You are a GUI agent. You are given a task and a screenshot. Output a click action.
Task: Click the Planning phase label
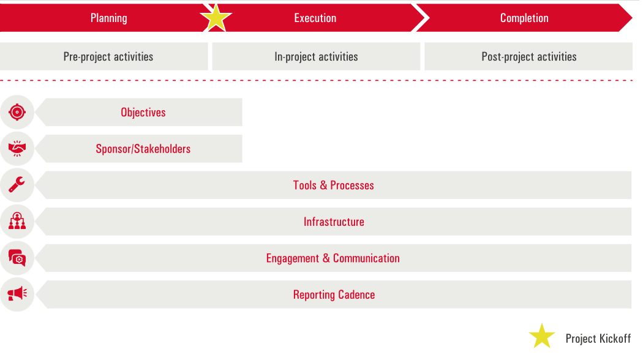click(x=109, y=18)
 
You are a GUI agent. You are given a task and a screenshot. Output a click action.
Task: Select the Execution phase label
click(x=315, y=18)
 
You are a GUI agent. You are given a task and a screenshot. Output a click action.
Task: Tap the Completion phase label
click(x=524, y=18)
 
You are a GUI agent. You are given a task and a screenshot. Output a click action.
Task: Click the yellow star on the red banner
click(x=216, y=18)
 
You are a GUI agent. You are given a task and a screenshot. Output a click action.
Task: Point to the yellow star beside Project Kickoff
click(x=541, y=337)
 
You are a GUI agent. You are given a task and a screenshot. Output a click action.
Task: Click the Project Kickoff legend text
click(x=598, y=339)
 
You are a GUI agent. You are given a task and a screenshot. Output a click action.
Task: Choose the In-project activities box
click(x=316, y=56)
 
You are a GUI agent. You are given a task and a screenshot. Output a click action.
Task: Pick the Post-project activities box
click(x=528, y=56)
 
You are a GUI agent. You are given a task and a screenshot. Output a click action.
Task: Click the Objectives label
click(x=143, y=112)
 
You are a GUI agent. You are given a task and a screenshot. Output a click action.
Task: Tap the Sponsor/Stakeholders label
click(x=143, y=149)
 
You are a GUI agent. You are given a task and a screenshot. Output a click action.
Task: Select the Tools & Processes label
click(x=333, y=185)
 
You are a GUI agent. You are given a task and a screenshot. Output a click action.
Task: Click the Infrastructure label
click(x=334, y=222)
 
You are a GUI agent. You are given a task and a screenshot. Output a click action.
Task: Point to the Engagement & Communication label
click(x=333, y=258)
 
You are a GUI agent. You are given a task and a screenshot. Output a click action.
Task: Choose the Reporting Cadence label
click(x=334, y=294)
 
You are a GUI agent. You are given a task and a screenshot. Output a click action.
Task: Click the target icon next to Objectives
click(x=17, y=112)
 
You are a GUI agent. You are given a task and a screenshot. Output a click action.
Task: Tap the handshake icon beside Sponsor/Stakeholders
click(x=17, y=148)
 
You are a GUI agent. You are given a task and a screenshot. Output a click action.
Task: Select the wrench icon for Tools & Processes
click(x=17, y=185)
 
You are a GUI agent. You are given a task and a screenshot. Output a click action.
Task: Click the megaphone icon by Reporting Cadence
click(x=17, y=294)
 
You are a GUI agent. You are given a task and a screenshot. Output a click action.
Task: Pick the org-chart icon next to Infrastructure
click(x=17, y=221)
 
